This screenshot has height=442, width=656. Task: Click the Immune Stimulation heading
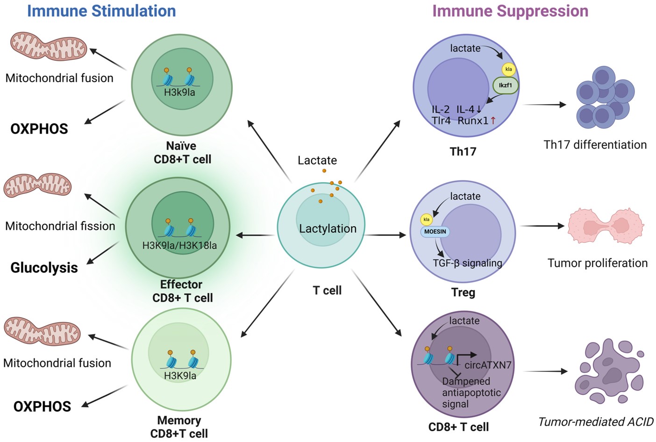(x=101, y=11)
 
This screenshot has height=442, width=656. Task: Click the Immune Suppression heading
(x=510, y=11)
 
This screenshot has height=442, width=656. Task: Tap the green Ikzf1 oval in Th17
(x=505, y=86)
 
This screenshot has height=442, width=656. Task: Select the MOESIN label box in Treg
(x=435, y=231)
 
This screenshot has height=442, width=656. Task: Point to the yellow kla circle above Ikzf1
(x=508, y=69)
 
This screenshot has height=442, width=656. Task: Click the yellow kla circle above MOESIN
(x=426, y=219)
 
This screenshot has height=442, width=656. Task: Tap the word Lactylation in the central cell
(x=328, y=228)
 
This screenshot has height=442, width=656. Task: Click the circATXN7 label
(x=488, y=365)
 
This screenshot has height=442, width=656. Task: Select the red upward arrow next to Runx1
(x=493, y=121)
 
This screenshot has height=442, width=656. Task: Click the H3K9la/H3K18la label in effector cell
(x=179, y=245)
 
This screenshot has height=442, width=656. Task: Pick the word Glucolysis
(x=44, y=268)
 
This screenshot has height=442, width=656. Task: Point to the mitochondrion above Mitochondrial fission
(x=37, y=185)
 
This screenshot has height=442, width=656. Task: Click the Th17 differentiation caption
(x=595, y=144)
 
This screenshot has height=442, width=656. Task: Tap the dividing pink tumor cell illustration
(x=606, y=226)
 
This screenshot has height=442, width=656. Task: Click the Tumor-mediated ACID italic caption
(x=596, y=422)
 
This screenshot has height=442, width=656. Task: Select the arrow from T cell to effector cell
(x=255, y=235)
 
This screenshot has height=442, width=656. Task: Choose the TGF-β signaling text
(x=467, y=263)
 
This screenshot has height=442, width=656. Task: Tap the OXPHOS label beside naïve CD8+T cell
(x=39, y=129)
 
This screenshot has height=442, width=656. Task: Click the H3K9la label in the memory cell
(x=180, y=376)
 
